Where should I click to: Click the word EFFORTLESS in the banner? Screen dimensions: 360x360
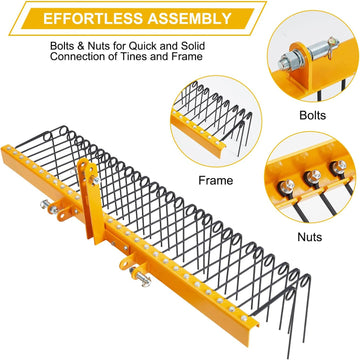pos(93,18)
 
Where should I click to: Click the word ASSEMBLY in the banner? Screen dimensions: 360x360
pos(190,18)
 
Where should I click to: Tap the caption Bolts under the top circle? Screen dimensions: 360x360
pos(312,115)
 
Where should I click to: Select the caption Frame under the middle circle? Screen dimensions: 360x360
pos(216,180)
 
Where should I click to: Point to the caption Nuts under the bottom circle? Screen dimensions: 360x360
pos(310,237)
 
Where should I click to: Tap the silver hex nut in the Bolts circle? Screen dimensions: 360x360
pos(285,61)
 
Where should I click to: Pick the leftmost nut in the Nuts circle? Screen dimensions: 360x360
pos(287,187)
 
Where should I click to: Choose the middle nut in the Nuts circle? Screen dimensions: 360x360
pos(312,176)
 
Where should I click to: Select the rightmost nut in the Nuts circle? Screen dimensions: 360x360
pos(338,166)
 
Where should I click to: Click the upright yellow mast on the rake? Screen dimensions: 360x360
pos(91,200)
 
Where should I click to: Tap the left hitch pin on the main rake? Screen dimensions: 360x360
pos(49,207)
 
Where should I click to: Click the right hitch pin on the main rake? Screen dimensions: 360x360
pos(141,277)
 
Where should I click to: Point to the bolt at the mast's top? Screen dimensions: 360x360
pos(95,180)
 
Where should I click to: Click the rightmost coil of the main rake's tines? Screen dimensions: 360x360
pos(305,280)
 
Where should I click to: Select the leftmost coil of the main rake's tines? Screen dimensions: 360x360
pos(48,136)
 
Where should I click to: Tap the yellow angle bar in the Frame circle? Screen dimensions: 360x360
pos(197,134)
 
